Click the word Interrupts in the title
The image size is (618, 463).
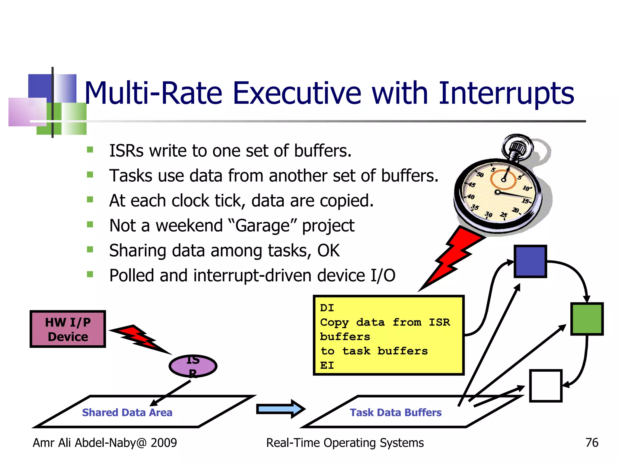[506, 93]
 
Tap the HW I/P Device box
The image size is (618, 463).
[68, 329]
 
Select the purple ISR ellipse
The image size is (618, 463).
[193, 366]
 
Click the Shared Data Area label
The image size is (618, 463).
[127, 412]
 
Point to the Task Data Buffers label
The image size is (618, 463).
[395, 412]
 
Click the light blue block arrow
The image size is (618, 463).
[280, 409]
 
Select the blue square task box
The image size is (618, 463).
[530, 261]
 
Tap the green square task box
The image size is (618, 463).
[587, 319]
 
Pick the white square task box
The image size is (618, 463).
[546, 386]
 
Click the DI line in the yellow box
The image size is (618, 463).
[327, 308]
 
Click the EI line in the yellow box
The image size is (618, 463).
[327, 365]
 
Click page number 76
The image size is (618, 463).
[592, 443]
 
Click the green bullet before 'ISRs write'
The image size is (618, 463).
[90, 150]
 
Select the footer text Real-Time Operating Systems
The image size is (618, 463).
[345, 443]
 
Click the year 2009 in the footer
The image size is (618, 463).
[164, 443]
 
